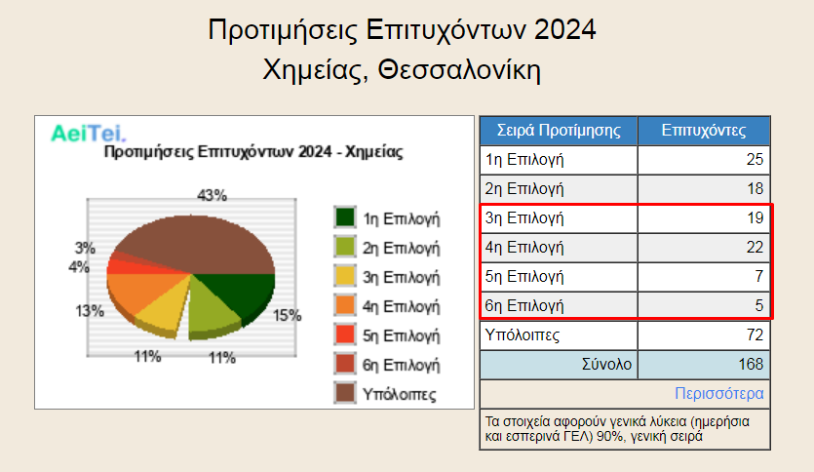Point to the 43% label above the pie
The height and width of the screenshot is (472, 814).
coord(212,195)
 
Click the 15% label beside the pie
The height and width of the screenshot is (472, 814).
coord(287,315)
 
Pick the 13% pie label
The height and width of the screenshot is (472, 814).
coord(90,311)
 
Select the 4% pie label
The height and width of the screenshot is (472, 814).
coord(79,267)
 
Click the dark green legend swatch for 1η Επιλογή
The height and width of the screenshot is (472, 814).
coord(345,217)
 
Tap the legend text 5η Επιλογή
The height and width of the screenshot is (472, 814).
coord(401,335)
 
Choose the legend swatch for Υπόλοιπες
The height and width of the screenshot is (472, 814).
coord(345,393)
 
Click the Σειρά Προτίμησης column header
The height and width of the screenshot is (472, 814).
coord(559,131)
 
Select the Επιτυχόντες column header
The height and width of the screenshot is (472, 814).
coord(704,131)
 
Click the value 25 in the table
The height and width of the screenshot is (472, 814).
coord(755,159)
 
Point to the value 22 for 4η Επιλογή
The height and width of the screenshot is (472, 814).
coord(755,247)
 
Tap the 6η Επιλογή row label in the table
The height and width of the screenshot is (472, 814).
coord(524,306)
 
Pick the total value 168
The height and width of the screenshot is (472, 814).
coord(751,364)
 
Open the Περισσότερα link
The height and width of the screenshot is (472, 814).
coord(719,394)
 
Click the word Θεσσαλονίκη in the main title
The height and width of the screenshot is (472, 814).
coord(459,69)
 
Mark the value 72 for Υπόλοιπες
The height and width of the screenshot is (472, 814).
coord(755,334)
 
